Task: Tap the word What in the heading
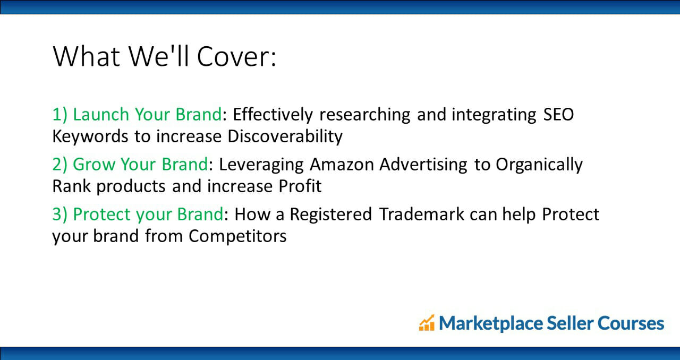click(x=86, y=56)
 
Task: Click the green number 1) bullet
click(x=59, y=115)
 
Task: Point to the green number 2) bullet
click(x=59, y=165)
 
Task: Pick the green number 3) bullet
click(x=59, y=215)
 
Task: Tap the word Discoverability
click(x=285, y=136)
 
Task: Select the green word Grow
click(x=93, y=164)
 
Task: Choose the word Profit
click(x=300, y=186)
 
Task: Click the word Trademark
click(x=422, y=215)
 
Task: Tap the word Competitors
click(x=237, y=236)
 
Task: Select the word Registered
click(x=331, y=215)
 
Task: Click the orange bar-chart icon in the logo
click(x=427, y=323)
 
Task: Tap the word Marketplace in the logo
click(x=491, y=323)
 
